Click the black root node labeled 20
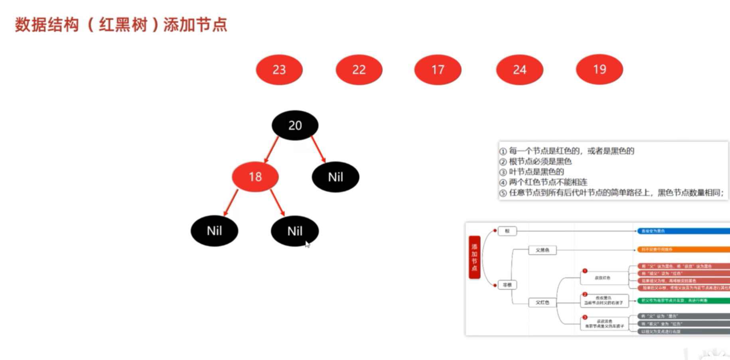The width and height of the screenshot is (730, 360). pos(295,125)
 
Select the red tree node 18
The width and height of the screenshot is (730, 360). pos(255,177)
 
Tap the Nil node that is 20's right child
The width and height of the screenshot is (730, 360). pos(335,177)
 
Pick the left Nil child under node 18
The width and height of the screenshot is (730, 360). pos(214,231)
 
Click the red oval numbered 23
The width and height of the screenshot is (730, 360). pos(279,70)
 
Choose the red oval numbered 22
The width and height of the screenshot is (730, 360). pos(359,70)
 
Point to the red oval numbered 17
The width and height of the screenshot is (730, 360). pos(438,70)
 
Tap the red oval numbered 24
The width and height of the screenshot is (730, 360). pos(519,70)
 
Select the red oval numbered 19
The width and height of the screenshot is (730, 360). pos(599,69)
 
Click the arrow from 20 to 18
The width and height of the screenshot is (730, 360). pos(271,150)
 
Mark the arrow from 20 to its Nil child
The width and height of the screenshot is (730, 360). pos(318,150)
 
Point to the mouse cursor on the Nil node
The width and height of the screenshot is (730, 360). pos(307,244)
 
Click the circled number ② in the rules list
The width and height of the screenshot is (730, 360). pos(503,162)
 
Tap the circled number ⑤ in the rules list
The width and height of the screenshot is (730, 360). pos(503,193)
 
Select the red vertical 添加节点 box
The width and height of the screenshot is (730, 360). pos(474,257)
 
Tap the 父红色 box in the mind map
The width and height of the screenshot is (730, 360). pos(542,302)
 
